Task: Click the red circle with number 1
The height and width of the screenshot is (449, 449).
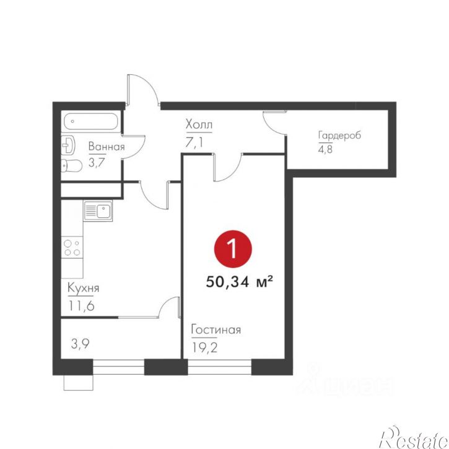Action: click(x=233, y=249)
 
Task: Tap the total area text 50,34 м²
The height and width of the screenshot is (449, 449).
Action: click(x=239, y=282)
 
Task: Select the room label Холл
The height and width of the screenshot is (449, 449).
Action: click(x=199, y=124)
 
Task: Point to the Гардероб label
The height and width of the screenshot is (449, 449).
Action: click(x=339, y=136)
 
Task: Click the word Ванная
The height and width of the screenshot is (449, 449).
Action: click(x=107, y=146)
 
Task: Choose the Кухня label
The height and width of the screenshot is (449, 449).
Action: click(x=84, y=288)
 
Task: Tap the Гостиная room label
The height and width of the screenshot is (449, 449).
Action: click(x=216, y=330)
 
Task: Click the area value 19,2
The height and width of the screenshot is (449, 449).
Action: click(x=204, y=347)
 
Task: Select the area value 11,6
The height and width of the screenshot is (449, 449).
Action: click(x=82, y=306)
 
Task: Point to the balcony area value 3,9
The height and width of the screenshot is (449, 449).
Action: click(x=80, y=344)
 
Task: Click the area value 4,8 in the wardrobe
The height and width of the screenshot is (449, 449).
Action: click(x=325, y=149)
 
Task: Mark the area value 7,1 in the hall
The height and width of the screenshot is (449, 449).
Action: click(x=194, y=142)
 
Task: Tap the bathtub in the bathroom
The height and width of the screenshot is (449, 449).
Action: click(x=90, y=121)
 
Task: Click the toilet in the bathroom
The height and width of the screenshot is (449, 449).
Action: click(x=72, y=165)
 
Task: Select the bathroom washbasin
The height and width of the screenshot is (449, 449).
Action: click(x=68, y=145)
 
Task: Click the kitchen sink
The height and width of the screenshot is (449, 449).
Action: click(x=98, y=211)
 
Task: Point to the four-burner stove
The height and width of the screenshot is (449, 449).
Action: click(x=72, y=247)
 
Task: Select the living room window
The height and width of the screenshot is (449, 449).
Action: click(x=219, y=367)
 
